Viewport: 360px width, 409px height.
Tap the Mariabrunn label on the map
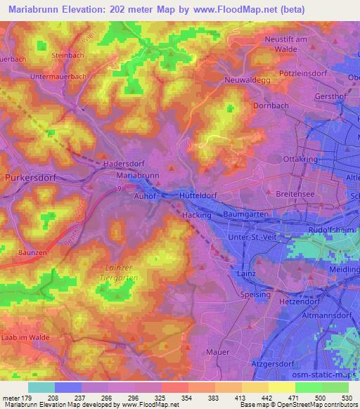(x=136, y=174)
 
